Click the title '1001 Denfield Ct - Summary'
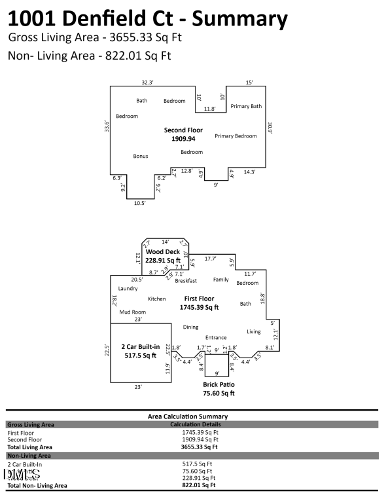148,18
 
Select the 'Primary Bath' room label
246,106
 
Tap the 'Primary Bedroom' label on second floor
236,136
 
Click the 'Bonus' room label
141,156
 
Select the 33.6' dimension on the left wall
107,125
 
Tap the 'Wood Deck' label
163,251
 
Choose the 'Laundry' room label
128,288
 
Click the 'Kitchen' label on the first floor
156,299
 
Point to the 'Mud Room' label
132,312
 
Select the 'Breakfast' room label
186,280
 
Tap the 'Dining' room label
190,327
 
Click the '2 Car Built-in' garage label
139,346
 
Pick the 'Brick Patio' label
219,384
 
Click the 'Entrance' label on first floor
216,337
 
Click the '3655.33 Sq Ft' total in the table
200,447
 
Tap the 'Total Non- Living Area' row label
37,485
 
